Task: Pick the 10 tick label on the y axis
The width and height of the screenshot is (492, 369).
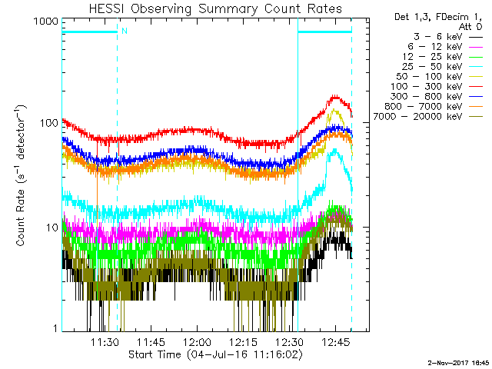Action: [x=49, y=228]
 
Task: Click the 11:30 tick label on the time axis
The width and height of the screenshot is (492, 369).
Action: [x=105, y=342]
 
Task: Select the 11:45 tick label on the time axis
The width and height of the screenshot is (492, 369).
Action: [x=151, y=342]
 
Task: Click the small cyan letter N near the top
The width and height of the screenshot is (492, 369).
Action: [x=125, y=31]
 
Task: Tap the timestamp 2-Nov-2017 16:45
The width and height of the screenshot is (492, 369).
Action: [x=459, y=361]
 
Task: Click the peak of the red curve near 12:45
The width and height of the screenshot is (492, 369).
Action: [x=335, y=97]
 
